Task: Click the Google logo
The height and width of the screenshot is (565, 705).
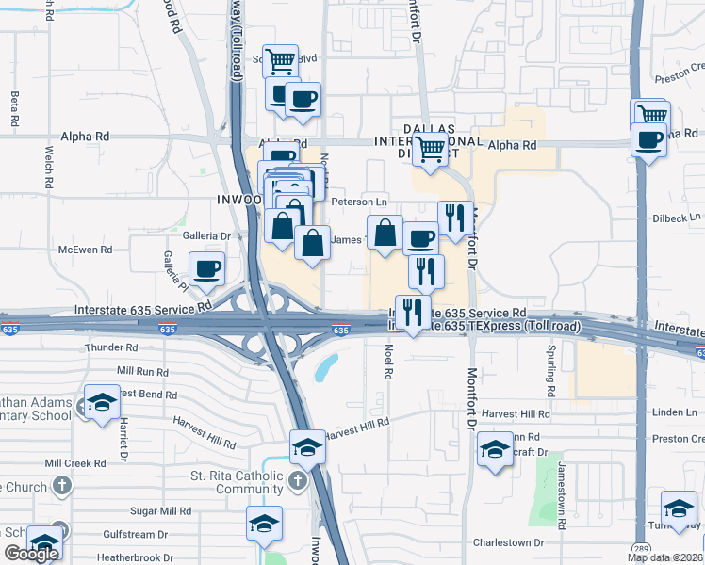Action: [x=31, y=554]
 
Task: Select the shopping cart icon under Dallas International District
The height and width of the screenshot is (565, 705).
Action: [x=431, y=148]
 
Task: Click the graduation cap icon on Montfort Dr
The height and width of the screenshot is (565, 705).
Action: [x=494, y=450]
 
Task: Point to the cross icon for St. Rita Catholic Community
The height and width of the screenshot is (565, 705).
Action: [x=297, y=481]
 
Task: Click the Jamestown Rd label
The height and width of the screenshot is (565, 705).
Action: [x=562, y=479]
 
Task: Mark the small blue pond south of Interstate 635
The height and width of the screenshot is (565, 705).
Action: [x=325, y=366]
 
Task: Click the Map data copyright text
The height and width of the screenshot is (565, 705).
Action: [x=665, y=557]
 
